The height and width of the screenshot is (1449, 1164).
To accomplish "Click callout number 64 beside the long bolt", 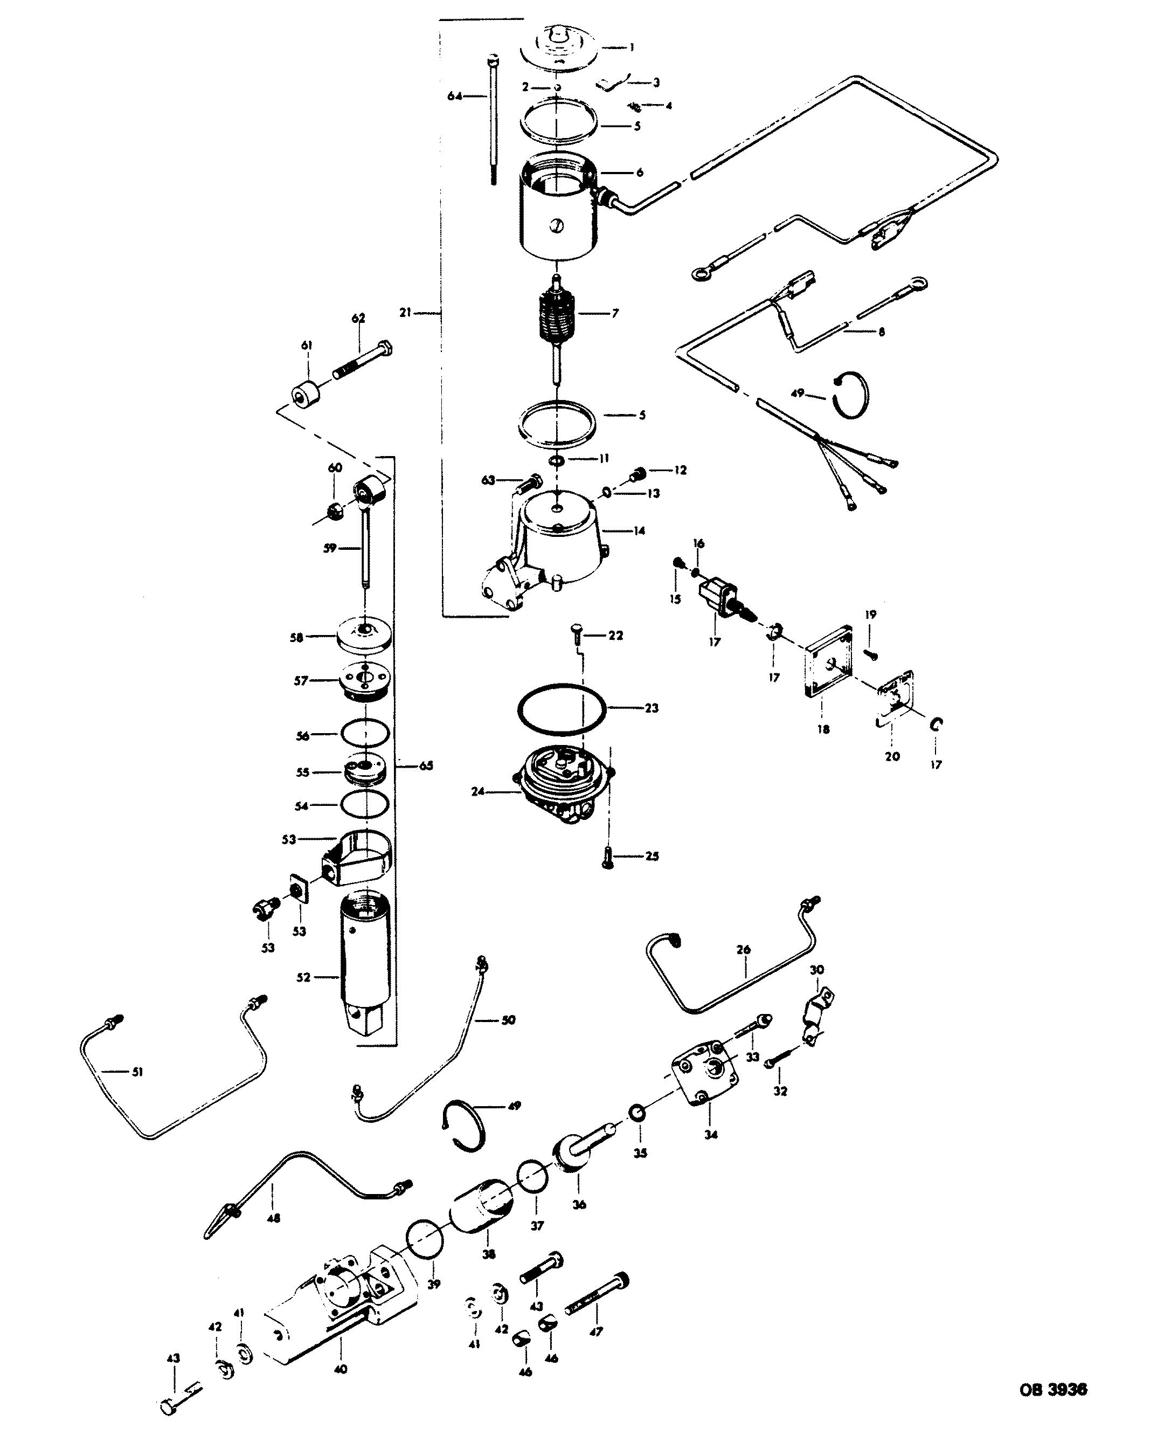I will (x=455, y=96).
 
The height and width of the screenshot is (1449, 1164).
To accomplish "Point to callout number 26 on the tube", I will (x=743, y=950).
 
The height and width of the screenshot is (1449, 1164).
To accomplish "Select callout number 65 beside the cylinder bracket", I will (x=425, y=765).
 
